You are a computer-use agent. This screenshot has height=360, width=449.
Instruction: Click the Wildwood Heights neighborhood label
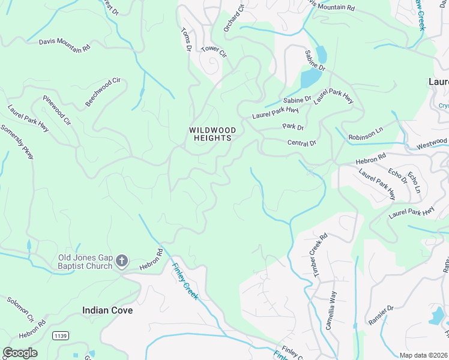click(x=212, y=134)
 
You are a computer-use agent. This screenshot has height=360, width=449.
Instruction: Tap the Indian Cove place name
click(x=107, y=310)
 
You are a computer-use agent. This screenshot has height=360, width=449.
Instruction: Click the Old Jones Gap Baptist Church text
click(x=85, y=262)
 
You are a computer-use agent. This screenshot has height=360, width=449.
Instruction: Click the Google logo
click(x=20, y=353)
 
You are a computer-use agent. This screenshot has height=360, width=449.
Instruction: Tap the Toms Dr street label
click(x=186, y=40)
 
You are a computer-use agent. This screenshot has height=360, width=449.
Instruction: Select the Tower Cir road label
click(x=214, y=52)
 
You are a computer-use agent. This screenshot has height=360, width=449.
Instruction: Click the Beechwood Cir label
click(x=103, y=92)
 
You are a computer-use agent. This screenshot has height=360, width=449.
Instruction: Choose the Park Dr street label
click(x=293, y=127)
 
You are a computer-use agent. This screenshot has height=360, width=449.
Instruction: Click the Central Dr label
click(x=301, y=143)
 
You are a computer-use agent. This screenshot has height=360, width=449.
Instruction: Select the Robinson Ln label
click(x=366, y=137)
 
